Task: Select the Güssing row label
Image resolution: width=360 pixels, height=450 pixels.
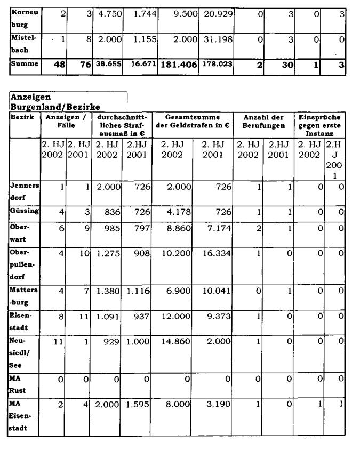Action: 25,211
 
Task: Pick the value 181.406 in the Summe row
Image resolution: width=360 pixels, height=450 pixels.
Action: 178,65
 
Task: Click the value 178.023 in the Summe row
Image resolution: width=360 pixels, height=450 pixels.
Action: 216,65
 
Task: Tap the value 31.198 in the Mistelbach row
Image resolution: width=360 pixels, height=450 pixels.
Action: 216,39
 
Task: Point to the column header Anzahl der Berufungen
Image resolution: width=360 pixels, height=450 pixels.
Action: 262,124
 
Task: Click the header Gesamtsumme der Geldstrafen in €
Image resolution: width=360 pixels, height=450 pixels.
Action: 192,120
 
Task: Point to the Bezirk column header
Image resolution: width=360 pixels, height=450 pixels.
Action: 19,116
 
